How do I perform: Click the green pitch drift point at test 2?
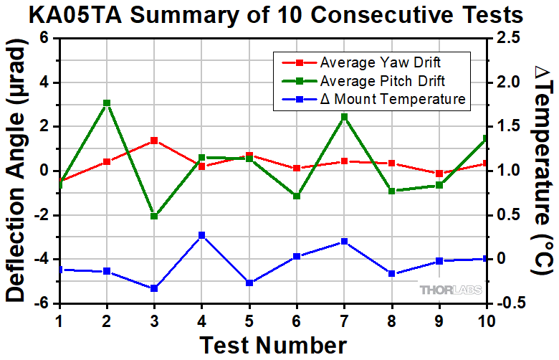point(106,103)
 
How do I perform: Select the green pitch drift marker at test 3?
point(154,216)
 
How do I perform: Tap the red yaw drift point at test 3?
point(154,141)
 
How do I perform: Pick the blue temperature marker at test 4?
point(201,235)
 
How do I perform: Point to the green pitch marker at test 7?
point(344,117)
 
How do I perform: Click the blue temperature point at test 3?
point(154,288)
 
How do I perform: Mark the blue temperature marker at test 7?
point(344,242)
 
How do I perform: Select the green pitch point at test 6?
point(297,196)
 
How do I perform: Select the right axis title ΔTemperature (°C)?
point(541,170)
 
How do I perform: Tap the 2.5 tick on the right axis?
point(504,38)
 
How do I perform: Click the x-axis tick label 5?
point(249,320)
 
